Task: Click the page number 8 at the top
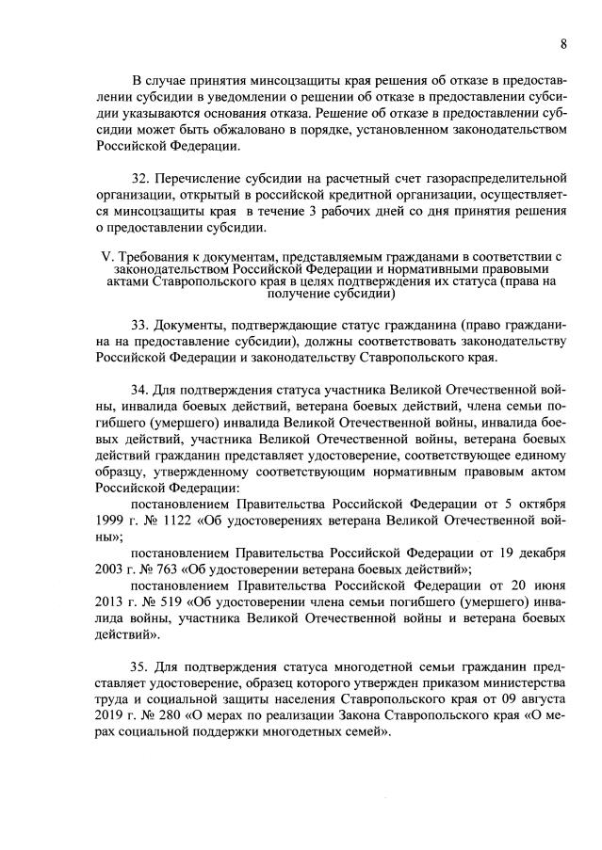point(562,44)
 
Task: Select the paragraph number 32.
point(140,179)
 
